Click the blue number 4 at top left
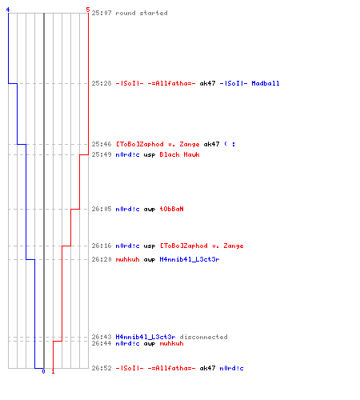tap(8, 10)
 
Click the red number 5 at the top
tap(88, 10)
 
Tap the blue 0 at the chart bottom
tap(43, 371)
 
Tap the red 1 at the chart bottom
tap(53, 371)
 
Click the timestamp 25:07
tap(102, 13)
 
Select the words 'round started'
tap(142, 13)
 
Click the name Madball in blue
tap(266, 83)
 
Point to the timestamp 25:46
tap(102, 144)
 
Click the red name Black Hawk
tap(179, 154)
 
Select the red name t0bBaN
tap(171, 209)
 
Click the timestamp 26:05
tap(102, 209)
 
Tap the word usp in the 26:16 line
tap(150, 246)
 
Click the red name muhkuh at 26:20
tap(127, 259)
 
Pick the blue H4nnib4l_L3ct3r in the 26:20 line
tap(190, 259)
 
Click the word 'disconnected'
tap(203, 337)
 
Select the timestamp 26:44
tap(102, 343)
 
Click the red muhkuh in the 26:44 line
tap(171, 343)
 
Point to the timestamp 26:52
tap(102, 368)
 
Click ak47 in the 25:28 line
tap(207, 83)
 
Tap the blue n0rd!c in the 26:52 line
tap(231, 368)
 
